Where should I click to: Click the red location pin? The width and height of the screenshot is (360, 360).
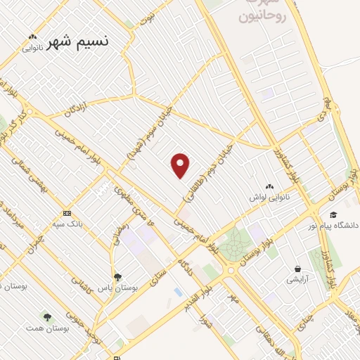point(181,165)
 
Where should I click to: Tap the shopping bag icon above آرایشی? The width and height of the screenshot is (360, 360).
point(299,269)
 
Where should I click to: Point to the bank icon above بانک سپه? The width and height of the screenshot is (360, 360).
point(67,212)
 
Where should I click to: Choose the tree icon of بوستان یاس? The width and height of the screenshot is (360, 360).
point(117,277)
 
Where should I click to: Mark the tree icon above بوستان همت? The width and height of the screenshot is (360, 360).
point(47,318)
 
